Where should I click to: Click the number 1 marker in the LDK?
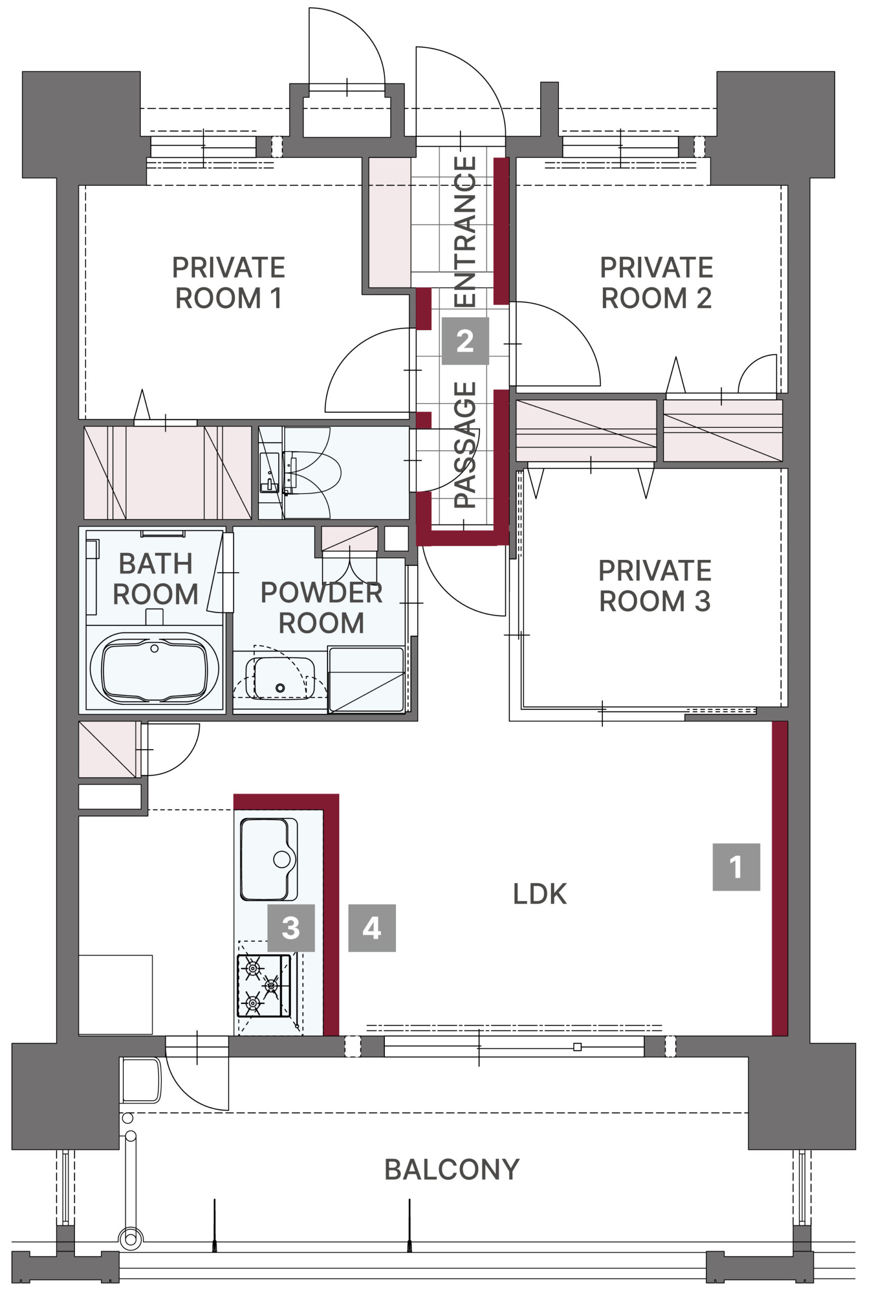(736, 867)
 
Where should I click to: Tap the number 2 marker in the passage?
(465, 341)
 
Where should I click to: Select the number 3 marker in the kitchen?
(291, 927)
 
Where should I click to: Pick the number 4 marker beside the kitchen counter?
(372, 927)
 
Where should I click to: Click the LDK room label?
(540, 894)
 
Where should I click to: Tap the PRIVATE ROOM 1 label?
(229, 282)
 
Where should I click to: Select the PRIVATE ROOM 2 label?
(656, 282)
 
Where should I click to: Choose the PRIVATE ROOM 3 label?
(655, 585)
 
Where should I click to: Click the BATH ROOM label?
(155, 579)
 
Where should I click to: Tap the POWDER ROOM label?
(322, 607)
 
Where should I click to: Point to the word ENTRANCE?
(465, 231)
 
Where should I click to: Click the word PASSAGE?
(465, 444)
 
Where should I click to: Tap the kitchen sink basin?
(269, 860)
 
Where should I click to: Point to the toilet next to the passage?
(312, 473)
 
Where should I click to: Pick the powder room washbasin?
(280, 678)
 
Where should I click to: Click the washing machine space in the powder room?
(366, 679)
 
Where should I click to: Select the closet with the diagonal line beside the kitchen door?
(110, 749)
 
